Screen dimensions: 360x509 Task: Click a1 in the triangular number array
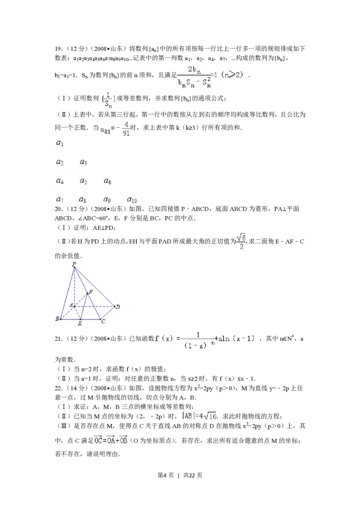point(59,143)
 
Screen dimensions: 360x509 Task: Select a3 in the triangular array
point(83,162)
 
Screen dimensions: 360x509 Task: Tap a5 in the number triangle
point(83,181)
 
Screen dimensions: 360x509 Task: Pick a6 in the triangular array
point(107,181)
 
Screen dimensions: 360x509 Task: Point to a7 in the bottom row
point(59,199)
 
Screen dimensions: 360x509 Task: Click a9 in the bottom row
point(107,199)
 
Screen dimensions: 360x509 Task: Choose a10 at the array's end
point(132,199)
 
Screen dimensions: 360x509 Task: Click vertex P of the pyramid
point(74,264)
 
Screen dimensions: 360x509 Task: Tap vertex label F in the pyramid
point(91,292)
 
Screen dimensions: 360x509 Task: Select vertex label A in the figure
point(71,305)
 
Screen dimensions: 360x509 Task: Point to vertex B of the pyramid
point(57,319)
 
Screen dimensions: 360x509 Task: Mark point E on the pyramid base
point(80,323)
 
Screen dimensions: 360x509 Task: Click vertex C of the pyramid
point(103,321)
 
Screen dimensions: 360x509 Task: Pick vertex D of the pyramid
point(117,307)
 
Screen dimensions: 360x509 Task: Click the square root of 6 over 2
point(242,241)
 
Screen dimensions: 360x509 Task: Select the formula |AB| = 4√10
point(201,416)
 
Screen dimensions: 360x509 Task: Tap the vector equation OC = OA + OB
point(110,441)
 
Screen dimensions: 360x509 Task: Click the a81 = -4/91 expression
point(115,128)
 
